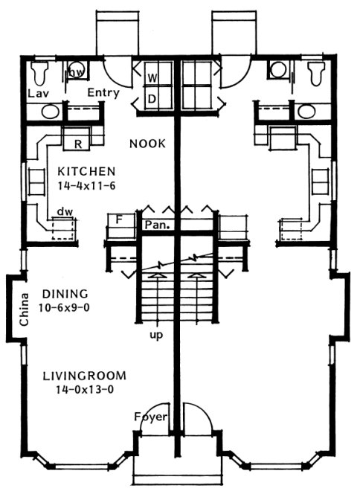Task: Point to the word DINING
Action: point(65,293)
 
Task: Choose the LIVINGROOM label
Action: point(84,375)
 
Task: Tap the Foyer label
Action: point(152,416)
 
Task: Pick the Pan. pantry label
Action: point(157,222)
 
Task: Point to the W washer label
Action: point(151,77)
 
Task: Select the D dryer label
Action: point(151,97)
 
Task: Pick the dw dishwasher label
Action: point(64,212)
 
